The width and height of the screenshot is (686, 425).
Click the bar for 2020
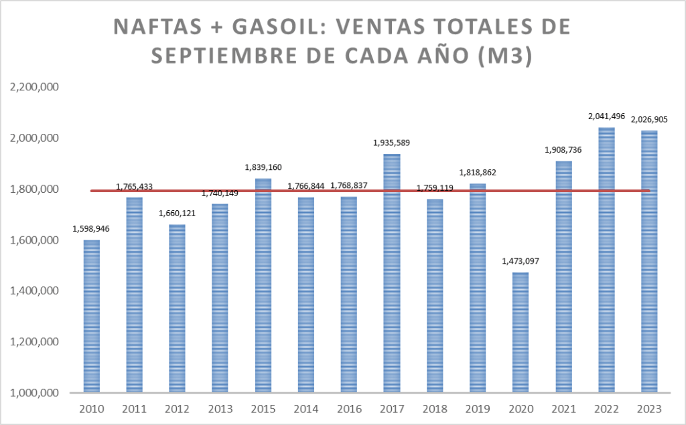(x=521, y=332)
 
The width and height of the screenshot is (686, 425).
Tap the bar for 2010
(x=92, y=316)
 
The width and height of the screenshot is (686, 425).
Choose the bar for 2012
(x=178, y=308)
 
